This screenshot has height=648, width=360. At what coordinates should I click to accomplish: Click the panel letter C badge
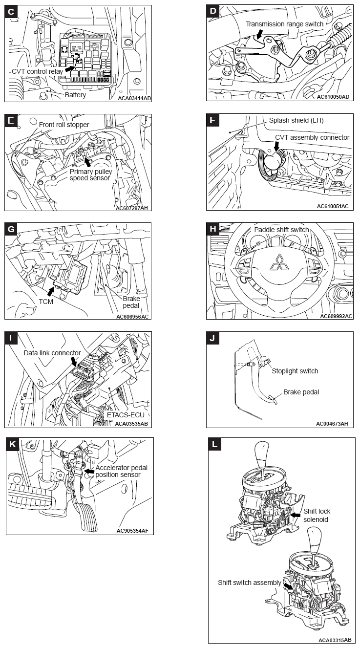tap(11, 12)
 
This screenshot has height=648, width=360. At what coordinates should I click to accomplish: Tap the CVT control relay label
tap(37, 71)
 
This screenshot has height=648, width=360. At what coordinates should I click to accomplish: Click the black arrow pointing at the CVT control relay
tap(70, 68)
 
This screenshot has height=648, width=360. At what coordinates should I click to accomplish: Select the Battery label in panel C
tap(75, 95)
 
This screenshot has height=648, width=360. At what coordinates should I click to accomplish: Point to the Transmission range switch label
tap(284, 24)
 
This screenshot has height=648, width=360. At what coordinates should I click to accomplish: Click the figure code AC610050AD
tap(333, 97)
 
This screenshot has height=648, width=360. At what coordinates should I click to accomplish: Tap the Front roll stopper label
tap(64, 125)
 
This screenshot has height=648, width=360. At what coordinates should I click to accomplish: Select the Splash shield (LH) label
tap(296, 120)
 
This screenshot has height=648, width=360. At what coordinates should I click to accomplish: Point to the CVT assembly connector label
tap(312, 137)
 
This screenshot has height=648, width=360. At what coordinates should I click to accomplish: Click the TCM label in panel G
tap(46, 302)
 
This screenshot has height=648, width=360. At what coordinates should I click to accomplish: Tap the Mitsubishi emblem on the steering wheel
tap(279, 263)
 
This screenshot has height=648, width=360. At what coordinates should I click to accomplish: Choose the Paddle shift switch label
tap(281, 230)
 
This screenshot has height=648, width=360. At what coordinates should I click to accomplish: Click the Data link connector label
tap(52, 353)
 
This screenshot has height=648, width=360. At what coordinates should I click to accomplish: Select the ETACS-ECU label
tap(126, 415)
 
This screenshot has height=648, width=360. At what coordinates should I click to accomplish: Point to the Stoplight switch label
tap(295, 371)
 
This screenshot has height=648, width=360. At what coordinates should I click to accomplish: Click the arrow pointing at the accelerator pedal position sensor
tap(90, 472)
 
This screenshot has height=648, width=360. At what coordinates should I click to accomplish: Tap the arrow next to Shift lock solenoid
tap(295, 515)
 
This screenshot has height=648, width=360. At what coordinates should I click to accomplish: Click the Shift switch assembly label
tap(249, 583)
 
